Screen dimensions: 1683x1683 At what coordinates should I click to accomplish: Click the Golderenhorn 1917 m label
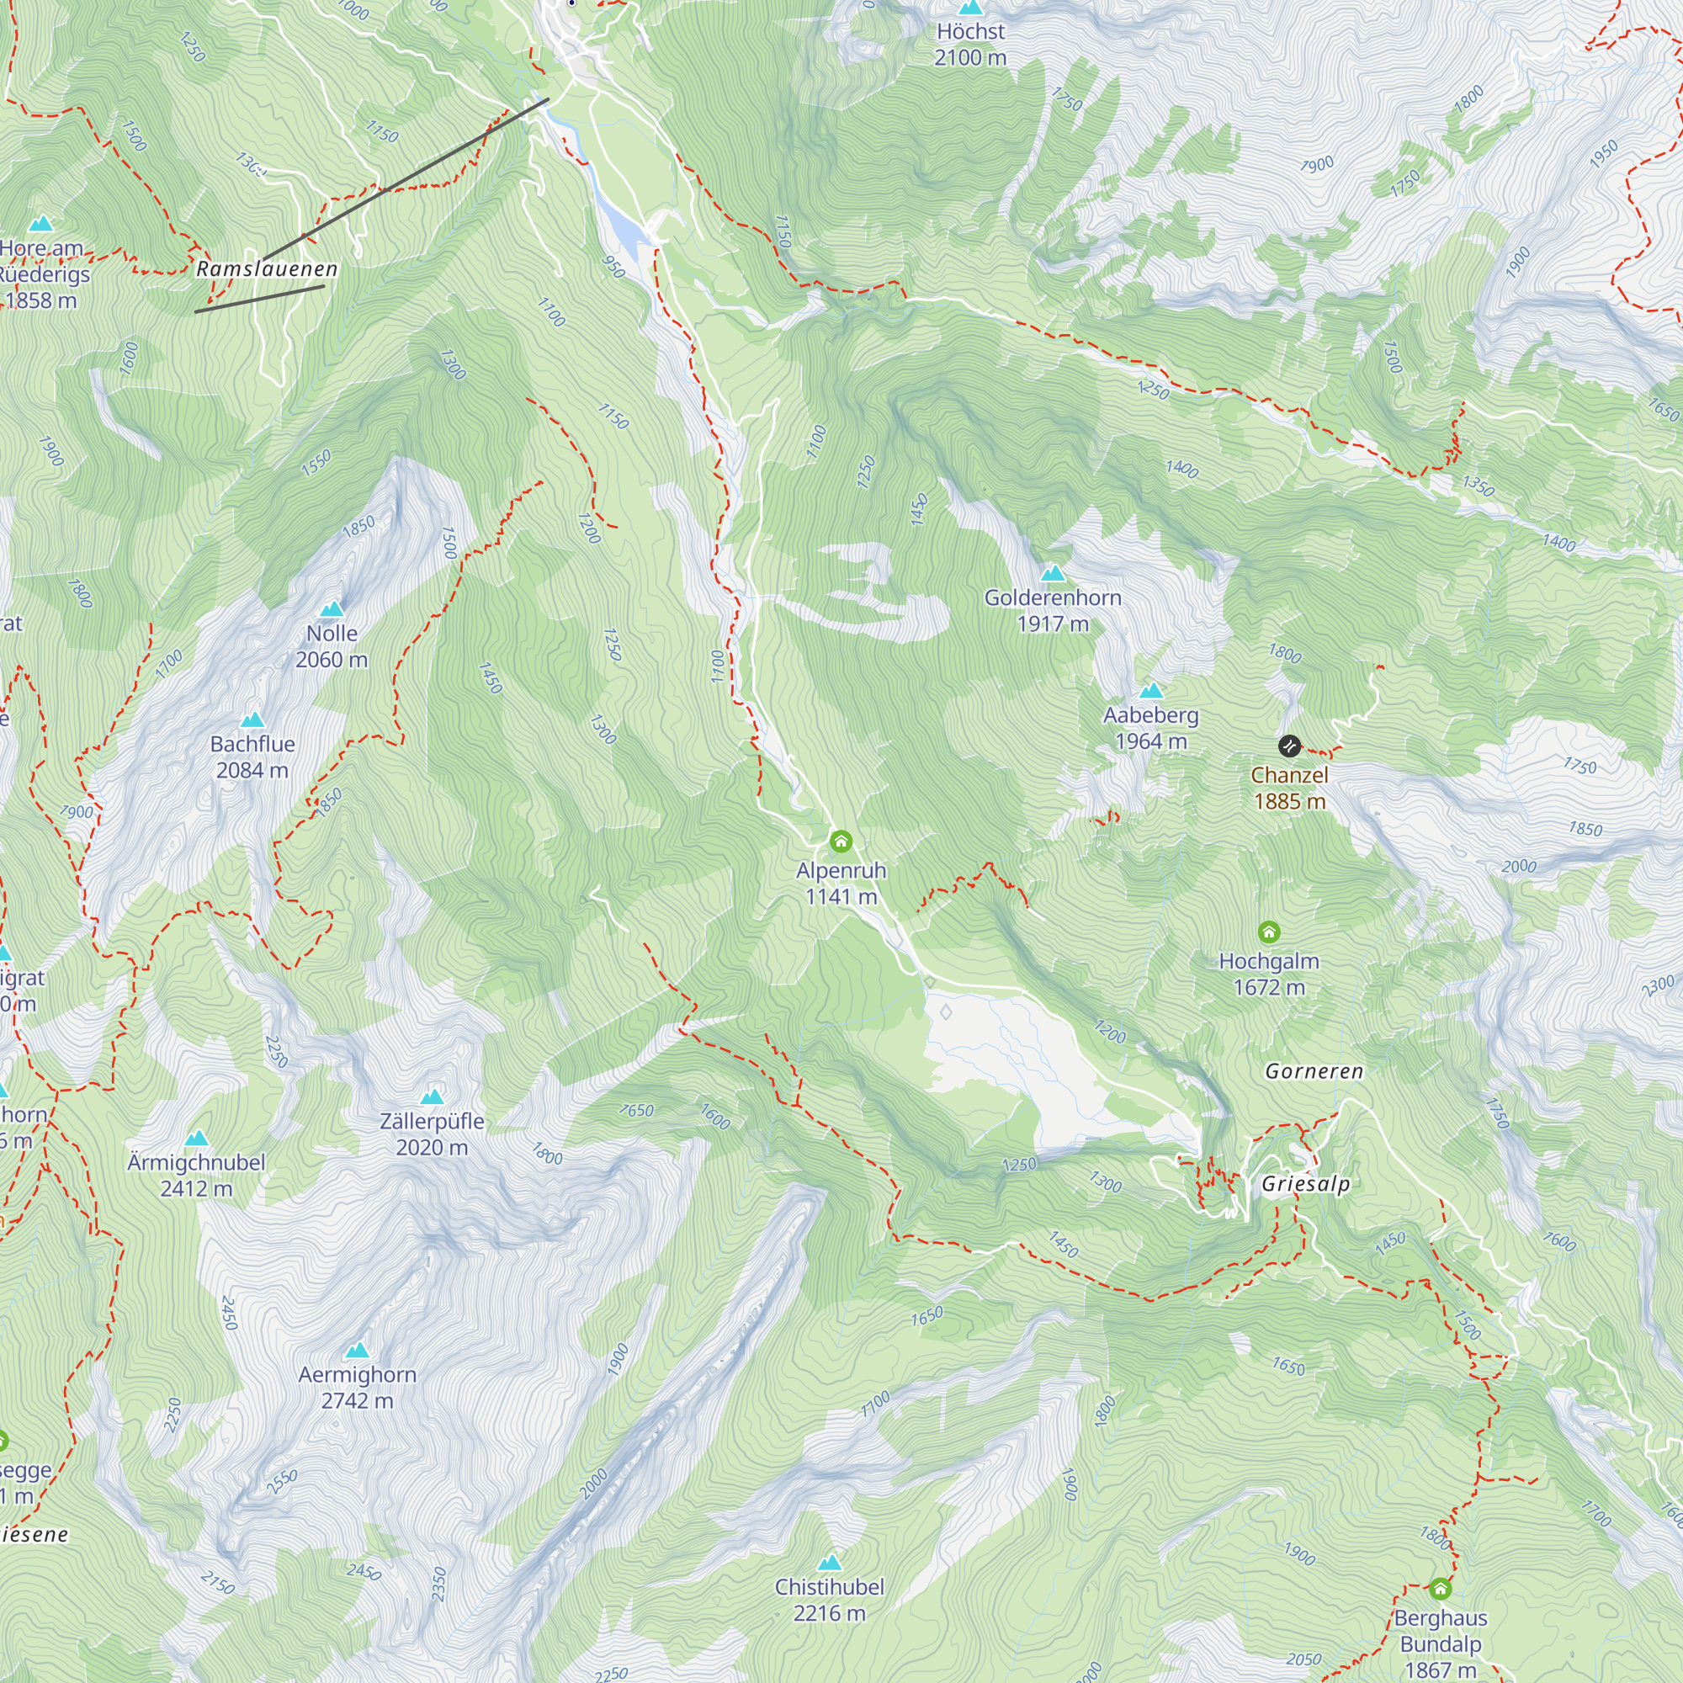tap(1053, 611)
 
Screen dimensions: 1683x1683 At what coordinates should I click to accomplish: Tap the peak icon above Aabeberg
tap(1150, 691)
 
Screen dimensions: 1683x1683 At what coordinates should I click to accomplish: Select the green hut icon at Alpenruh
tap(841, 841)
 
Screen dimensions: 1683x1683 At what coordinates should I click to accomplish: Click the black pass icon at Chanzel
tap(1289, 746)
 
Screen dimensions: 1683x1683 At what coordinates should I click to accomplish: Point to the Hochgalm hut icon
tap(1268, 932)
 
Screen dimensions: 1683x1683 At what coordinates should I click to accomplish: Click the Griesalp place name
tap(1305, 1184)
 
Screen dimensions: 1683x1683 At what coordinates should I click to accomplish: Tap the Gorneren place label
tap(1314, 1071)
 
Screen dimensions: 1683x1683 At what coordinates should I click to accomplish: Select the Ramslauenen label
tap(267, 269)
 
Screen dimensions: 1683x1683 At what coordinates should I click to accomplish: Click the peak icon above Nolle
tap(331, 609)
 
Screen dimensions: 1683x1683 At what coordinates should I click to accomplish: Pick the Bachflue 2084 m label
tap(252, 757)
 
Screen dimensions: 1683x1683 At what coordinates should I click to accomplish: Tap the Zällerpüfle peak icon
tap(432, 1096)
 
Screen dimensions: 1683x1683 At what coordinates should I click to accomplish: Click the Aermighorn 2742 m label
tap(356, 1387)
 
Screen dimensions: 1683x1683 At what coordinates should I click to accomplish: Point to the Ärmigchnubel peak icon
tap(197, 1138)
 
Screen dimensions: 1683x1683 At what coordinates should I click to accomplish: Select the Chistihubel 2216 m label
tap(830, 1600)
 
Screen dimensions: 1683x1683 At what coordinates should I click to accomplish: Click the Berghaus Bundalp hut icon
tap(1440, 1589)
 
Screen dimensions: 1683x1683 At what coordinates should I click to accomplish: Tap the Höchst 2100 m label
tap(970, 45)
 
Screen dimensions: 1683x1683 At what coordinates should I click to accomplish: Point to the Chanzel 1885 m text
tap(1289, 788)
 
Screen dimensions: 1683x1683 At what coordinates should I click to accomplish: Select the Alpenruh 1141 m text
tap(841, 884)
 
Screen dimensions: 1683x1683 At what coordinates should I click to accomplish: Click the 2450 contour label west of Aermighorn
tap(228, 1313)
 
